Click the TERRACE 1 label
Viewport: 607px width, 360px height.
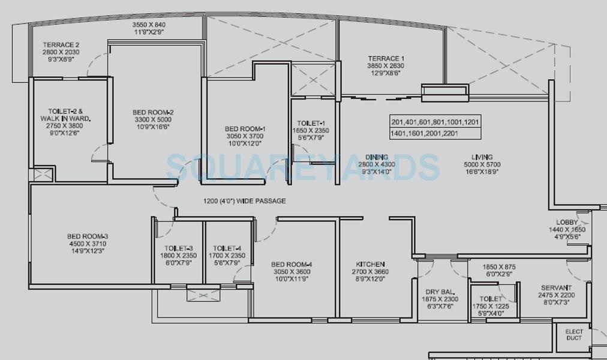[386, 58]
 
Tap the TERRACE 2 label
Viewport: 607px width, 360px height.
[61, 44]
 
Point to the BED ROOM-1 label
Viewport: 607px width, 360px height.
[245, 128]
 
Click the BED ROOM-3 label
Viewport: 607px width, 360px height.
[88, 236]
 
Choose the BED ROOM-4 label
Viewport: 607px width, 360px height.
[292, 265]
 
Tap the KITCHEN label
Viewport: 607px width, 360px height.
[370, 264]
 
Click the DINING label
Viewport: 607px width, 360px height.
[377, 157]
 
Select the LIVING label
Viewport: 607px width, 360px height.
[482, 157]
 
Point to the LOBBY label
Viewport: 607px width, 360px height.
[567, 222]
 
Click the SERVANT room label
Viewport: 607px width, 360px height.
[556, 287]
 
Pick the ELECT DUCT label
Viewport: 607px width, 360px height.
[574, 335]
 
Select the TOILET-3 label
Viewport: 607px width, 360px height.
[179, 248]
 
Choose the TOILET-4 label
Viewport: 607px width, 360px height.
[227, 248]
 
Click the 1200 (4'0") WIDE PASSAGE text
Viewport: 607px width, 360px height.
[245, 201]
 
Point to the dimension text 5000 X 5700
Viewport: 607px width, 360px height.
[482, 164]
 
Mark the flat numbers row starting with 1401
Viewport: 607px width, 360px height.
[425, 133]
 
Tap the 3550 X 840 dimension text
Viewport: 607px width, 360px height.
[149, 25]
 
